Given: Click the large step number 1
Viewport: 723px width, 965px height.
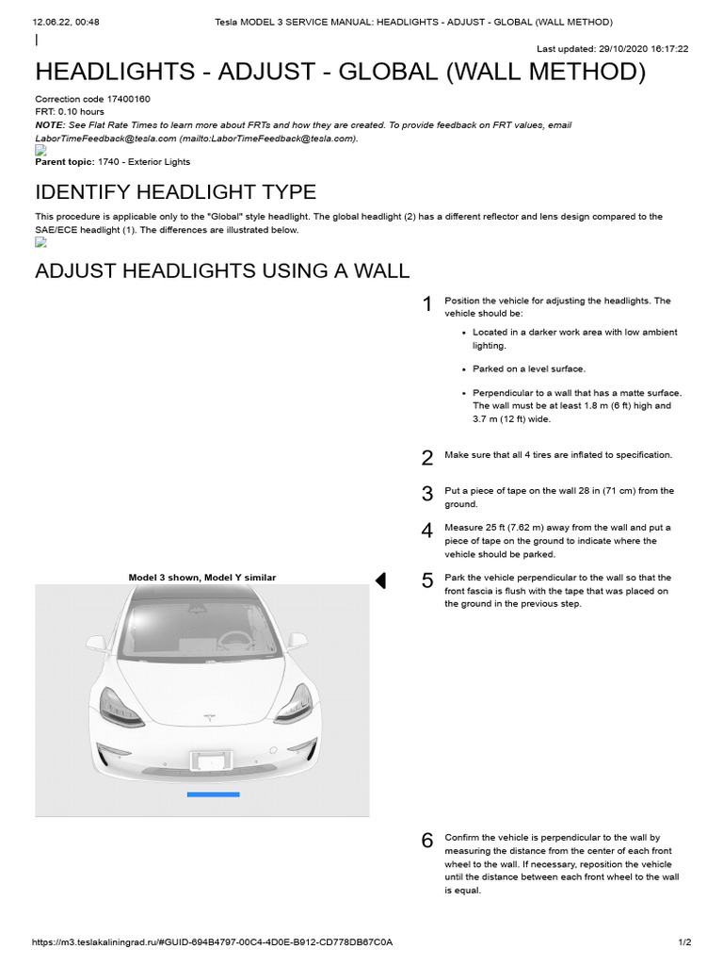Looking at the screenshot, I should pos(426,304).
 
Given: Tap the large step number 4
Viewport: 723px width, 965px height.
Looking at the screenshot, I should pos(427,531).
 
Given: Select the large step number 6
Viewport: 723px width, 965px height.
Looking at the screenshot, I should pos(427,841).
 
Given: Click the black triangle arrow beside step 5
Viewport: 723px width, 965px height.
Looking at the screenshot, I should pos(380,581).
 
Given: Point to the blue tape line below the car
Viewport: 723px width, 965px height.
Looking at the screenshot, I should pos(213,794).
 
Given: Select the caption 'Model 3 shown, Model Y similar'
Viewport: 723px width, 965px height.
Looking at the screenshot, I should pos(202,578).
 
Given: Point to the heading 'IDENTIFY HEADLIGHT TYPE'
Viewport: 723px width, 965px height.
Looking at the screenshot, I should pos(175,192).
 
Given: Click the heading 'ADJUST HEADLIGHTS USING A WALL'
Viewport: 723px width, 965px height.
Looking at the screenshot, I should pos(222,271).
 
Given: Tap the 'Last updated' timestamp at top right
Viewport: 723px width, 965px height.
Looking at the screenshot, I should pos(612,49).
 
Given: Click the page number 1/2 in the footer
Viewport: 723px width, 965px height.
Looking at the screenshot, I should pos(684,942).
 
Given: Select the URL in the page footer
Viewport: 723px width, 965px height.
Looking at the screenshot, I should pos(212,942).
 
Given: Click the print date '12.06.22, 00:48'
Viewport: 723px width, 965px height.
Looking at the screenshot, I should pos(66,22).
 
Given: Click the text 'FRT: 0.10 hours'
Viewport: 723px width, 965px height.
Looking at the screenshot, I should pos(70,112).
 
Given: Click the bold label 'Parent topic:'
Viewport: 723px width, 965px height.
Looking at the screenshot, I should pos(64,162).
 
